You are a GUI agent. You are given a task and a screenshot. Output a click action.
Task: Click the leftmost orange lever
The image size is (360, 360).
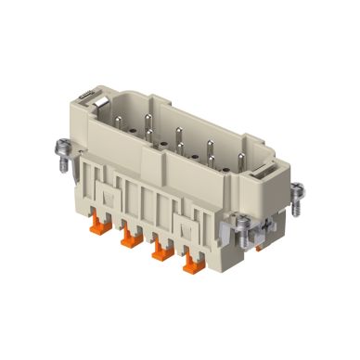(129, 243)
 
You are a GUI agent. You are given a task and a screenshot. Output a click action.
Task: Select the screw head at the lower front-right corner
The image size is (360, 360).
(240, 222)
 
